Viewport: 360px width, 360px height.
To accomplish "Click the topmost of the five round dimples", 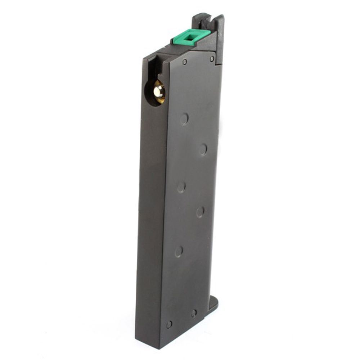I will click(184, 119).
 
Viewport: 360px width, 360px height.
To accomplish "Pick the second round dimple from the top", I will click(203, 149).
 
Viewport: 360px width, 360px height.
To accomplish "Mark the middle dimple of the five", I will click(181, 187).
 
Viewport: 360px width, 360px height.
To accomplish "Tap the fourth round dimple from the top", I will click(201, 212).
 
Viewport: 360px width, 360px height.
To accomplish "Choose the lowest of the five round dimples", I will click(179, 251).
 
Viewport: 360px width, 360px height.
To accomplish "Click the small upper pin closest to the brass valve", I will click(185, 62).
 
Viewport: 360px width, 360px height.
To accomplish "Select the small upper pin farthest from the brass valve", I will click(212, 58).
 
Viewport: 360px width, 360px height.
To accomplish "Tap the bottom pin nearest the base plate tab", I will click(194, 313).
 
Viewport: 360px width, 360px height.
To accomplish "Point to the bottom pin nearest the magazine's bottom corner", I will click(169, 324).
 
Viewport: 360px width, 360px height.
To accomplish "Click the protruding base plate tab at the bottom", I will click(213, 303).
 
